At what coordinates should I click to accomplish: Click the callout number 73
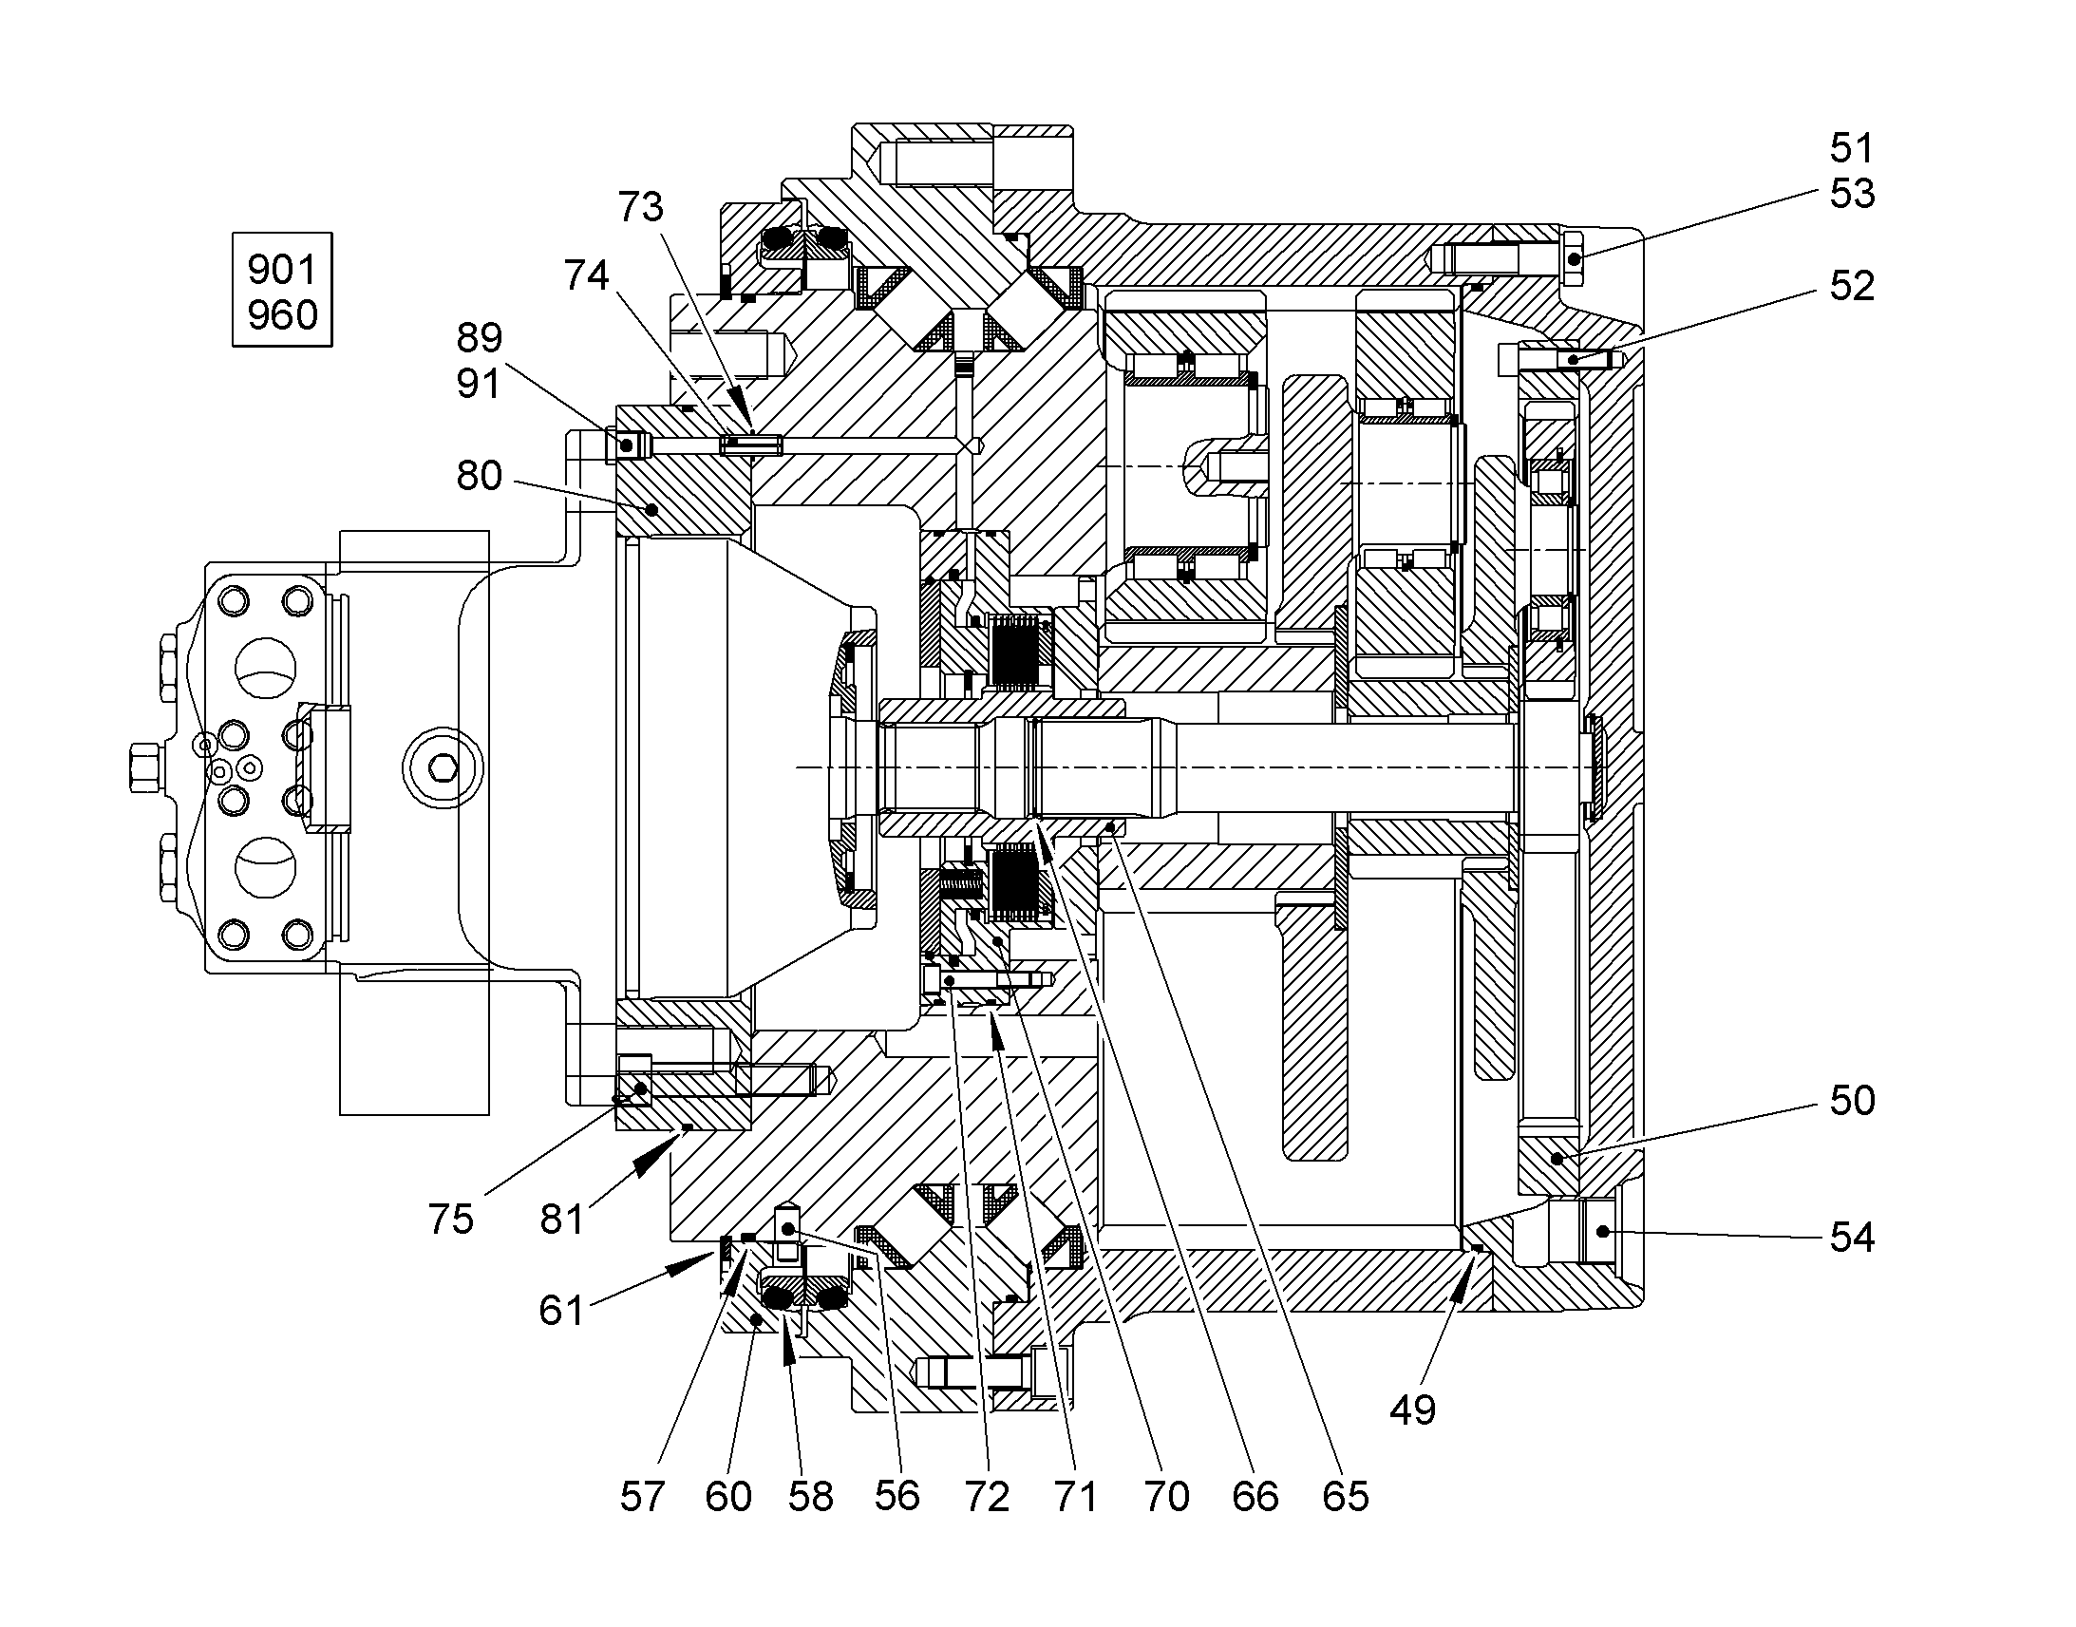click(640, 207)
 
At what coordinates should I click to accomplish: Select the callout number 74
click(586, 275)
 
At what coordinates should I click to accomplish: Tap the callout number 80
click(479, 475)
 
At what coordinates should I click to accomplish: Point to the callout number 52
click(1852, 286)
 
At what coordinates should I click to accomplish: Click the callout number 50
click(1852, 1100)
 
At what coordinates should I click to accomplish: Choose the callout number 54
click(1852, 1238)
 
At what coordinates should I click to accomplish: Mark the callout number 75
click(450, 1220)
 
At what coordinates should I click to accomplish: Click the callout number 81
click(561, 1220)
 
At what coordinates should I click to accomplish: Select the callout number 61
click(561, 1311)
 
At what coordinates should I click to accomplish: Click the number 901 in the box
click(282, 271)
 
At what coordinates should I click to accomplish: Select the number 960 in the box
click(282, 315)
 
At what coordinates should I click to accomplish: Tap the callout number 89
click(479, 338)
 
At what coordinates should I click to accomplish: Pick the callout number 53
click(1852, 195)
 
